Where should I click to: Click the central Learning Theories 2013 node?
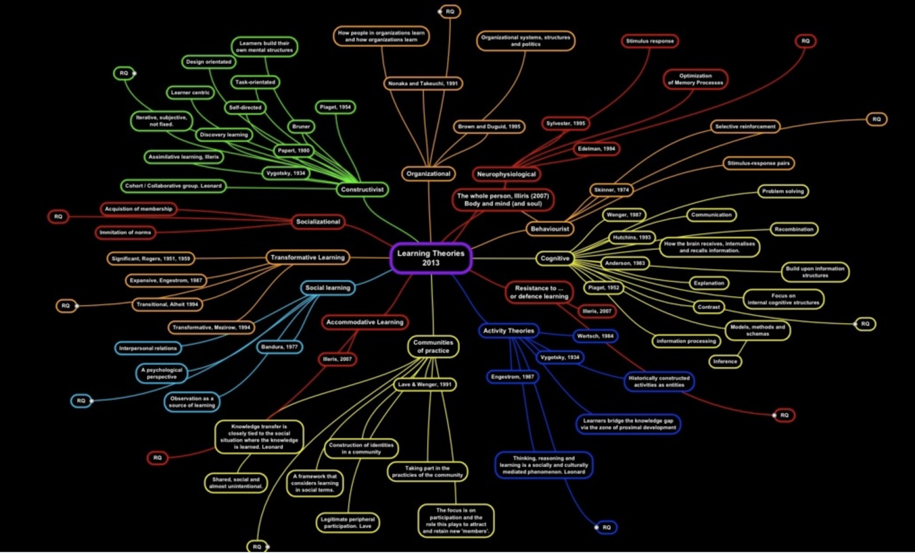[431, 258]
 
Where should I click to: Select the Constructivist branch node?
[362, 189]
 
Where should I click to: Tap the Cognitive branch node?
[555, 258]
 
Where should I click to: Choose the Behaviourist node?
[550, 229]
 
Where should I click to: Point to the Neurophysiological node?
[506, 174]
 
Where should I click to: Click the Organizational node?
[428, 173]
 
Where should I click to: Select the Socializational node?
[318, 221]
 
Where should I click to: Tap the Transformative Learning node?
[308, 257]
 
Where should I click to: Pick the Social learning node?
[328, 288]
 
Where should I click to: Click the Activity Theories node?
[508, 331]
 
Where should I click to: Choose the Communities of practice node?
[433, 347]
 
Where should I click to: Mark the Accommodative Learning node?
[365, 322]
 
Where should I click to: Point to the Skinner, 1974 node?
[611, 190]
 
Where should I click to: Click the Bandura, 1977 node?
[279, 347]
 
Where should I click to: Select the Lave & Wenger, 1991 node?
[425, 384]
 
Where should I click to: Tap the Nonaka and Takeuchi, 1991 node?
[423, 83]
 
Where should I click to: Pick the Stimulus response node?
[650, 41]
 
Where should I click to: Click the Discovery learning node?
[224, 134]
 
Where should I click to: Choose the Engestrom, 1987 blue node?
[512, 377]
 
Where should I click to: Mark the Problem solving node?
[782, 191]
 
